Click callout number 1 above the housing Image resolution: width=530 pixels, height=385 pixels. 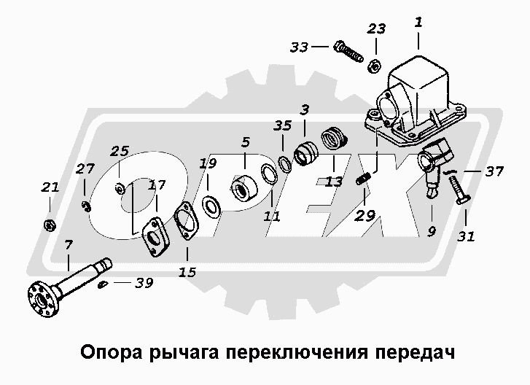tap(418, 23)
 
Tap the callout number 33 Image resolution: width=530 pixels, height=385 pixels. tap(299, 47)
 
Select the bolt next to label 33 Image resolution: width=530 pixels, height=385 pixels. tap(348, 51)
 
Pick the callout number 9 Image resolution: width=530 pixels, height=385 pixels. tap(430, 233)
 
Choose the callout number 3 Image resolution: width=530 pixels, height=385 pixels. tap(305, 110)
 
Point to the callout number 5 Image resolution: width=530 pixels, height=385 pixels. tap(245, 143)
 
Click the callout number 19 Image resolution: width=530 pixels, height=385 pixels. tap(209, 164)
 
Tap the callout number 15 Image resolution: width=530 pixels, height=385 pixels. tap(187, 273)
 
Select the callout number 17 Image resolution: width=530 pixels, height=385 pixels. tap(157, 186)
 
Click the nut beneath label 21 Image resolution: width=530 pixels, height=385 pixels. tap(49, 223)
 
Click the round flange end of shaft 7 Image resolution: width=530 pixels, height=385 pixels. tap(39, 299)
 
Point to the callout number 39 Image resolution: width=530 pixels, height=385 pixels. tap(144, 283)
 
